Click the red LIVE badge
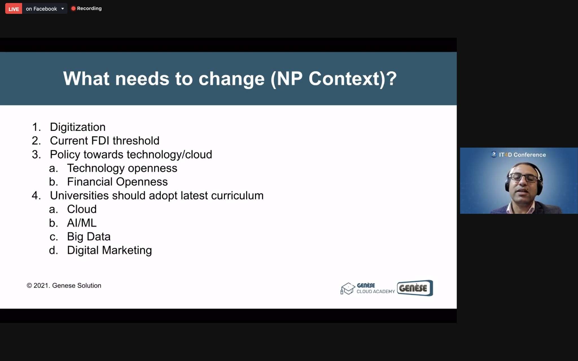point(14,9)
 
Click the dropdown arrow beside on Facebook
point(63,9)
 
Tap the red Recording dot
point(73,8)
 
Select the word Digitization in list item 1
point(78,127)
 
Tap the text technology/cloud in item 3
point(169,155)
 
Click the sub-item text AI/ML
point(82,223)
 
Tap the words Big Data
point(89,237)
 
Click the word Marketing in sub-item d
point(127,250)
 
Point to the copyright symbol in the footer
point(29,285)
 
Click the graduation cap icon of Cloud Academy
point(348,289)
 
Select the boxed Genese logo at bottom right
point(415,288)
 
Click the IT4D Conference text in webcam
point(522,155)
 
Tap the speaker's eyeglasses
point(524,178)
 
